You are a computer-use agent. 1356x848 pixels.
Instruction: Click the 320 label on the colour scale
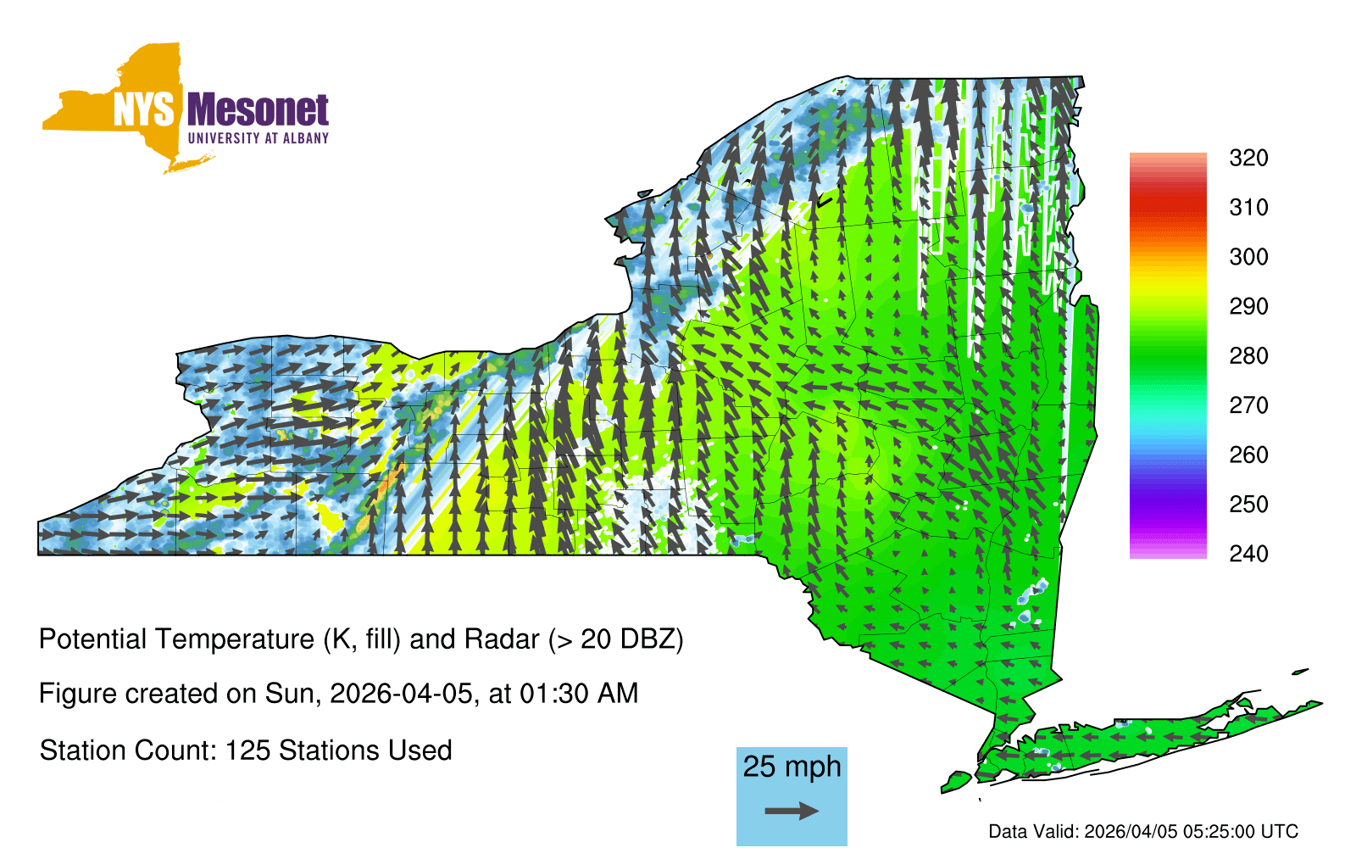pos(1248,158)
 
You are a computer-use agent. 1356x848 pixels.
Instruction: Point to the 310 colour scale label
pos(1248,208)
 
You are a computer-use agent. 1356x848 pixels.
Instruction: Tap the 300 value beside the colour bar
pos(1248,257)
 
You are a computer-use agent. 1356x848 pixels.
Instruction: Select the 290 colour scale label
pos(1248,306)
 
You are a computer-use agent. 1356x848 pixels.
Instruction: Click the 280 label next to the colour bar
pos(1248,355)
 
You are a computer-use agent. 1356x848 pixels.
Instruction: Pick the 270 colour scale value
pos(1248,405)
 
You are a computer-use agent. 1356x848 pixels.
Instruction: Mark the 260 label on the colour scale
pos(1248,455)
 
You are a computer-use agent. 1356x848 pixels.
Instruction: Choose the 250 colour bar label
pos(1248,504)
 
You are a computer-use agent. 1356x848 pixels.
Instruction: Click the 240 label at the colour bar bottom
pos(1248,554)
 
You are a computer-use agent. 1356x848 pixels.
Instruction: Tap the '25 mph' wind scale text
pos(792,767)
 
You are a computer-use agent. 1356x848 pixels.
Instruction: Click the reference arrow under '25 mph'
pos(792,811)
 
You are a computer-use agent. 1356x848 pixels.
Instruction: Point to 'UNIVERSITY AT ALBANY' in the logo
pos(258,138)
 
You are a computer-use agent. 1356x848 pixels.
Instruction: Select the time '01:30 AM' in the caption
pos(579,694)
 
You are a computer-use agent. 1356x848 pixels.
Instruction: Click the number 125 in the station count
pos(245,750)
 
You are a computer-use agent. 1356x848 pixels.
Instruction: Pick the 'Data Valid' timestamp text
pos(1143,831)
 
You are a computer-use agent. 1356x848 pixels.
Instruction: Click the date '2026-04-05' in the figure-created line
pos(401,694)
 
